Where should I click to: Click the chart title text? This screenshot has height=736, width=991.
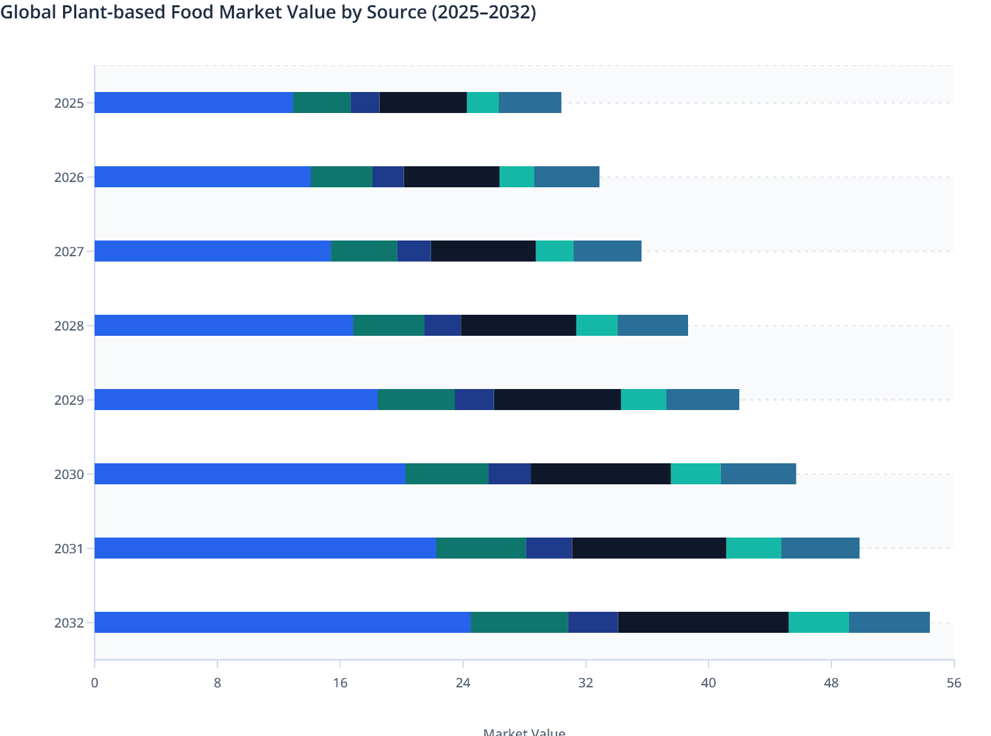tap(268, 12)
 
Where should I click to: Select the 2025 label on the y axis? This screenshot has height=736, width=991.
tap(69, 103)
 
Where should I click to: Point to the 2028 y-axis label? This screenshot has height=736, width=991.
tap(69, 326)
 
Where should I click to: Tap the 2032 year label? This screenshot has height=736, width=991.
tap(69, 623)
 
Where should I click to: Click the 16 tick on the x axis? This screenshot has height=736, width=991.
tap(340, 683)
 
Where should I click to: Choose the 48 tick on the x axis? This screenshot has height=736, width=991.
tap(831, 683)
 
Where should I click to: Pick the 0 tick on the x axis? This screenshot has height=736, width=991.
tap(95, 683)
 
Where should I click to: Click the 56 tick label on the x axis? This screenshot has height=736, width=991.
tap(954, 683)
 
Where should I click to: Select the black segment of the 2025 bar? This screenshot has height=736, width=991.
tap(423, 103)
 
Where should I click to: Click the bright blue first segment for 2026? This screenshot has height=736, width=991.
tap(202, 177)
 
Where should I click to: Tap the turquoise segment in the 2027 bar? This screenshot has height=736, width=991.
tap(555, 251)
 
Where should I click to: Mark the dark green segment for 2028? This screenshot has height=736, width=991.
tap(388, 325)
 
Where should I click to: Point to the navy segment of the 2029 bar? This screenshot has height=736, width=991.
tap(474, 400)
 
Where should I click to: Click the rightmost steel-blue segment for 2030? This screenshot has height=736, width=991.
tap(758, 474)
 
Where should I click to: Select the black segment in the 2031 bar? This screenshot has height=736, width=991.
tap(649, 548)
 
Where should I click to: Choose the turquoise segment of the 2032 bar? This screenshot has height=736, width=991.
tap(818, 622)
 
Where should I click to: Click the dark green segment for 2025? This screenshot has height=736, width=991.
tap(321, 103)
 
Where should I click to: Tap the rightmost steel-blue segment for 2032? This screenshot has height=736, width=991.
tap(889, 622)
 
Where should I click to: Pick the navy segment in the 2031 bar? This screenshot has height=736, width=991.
tap(549, 548)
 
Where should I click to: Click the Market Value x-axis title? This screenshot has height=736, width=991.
tap(524, 731)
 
